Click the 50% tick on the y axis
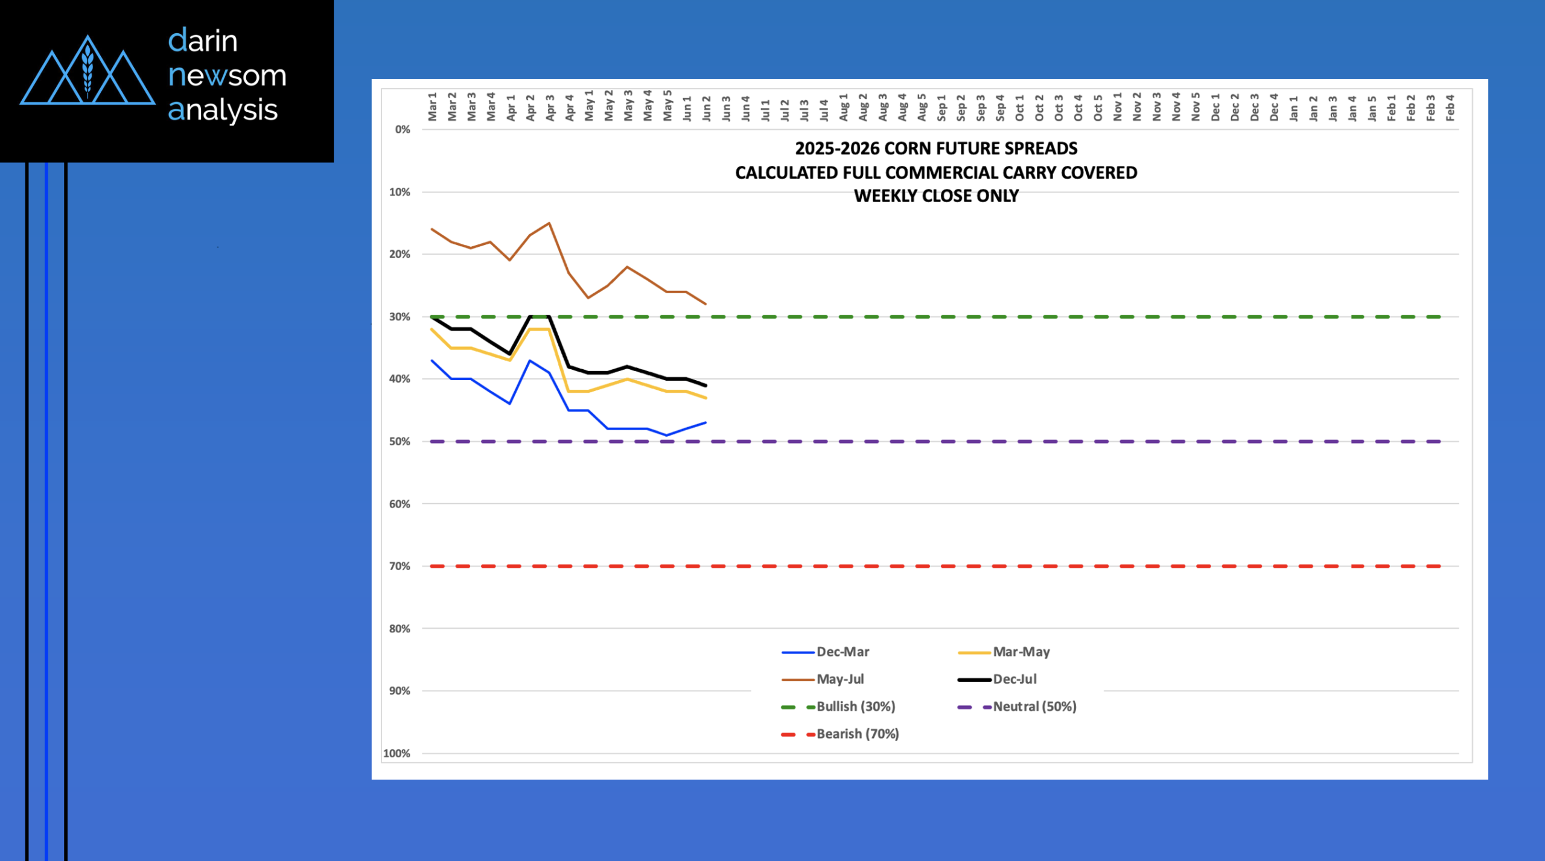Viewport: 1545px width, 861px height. pos(400,442)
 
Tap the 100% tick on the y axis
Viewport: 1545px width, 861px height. pos(397,754)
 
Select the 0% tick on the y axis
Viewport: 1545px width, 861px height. pos(403,130)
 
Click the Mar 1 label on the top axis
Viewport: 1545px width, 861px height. pos(432,107)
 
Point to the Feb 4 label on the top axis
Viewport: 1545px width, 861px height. pos(1450,107)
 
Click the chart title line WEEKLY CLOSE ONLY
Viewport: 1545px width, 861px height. pos(936,196)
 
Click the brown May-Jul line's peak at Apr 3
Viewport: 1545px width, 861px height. pos(549,223)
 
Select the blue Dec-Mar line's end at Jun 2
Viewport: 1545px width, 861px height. pos(706,423)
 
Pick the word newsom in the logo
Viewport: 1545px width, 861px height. pos(227,75)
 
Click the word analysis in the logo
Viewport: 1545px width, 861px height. pos(223,110)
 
